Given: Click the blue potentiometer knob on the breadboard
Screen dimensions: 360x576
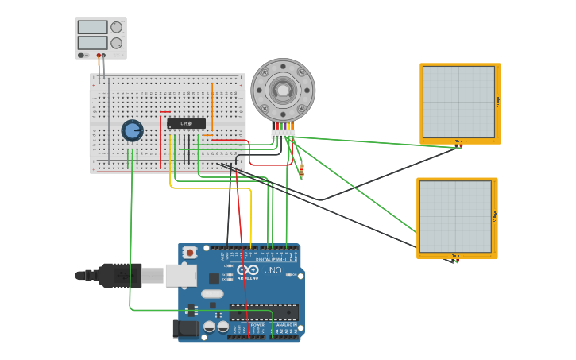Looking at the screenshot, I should (132, 130).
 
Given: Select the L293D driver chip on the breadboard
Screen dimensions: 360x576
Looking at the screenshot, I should (186, 123).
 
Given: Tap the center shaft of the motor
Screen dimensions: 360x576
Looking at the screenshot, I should (283, 89).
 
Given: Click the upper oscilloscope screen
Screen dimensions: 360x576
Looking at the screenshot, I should (458, 102).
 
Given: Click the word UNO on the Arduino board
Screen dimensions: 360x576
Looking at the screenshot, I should (273, 270).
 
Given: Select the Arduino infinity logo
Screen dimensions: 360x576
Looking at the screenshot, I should (248, 270).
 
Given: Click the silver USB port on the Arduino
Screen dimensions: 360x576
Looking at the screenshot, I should (180, 276).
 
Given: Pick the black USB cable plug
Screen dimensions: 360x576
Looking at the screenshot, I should (119, 275).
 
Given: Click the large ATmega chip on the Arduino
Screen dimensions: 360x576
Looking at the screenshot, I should (264, 312).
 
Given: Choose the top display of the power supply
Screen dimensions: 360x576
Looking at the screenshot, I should (92, 27).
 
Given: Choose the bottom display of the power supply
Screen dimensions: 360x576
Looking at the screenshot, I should (92, 43).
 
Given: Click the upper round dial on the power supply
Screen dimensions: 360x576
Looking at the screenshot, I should (117, 27).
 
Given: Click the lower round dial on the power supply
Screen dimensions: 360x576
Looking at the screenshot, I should (117, 43).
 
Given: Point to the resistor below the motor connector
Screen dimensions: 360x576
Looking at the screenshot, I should (301, 168).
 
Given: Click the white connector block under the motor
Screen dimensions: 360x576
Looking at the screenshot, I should (283, 134).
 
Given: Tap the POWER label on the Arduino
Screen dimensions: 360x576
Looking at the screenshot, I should (257, 325).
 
